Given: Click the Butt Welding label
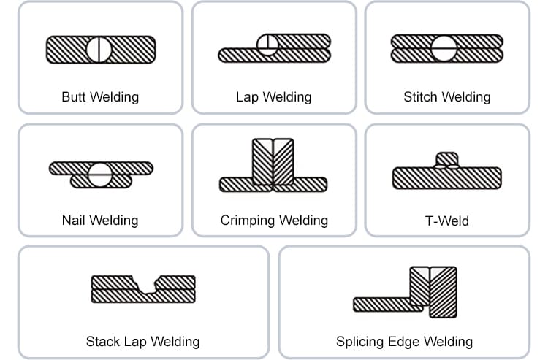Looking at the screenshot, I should (x=100, y=96).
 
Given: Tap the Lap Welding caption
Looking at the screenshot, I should (x=273, y=96).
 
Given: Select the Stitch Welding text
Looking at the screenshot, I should (x=446, y=96).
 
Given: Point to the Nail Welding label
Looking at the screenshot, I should (x=100, y=219).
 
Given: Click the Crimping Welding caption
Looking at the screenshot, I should (x=274, y=220).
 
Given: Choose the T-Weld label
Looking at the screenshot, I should (x=446, y=220).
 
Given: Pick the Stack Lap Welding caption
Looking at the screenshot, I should (x=142, y=341).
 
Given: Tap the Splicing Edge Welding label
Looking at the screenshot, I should (x=404, y=341).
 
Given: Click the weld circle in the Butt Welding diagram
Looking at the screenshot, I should (x=99, y=48).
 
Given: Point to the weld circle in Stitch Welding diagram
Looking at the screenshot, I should (x=444, y=48).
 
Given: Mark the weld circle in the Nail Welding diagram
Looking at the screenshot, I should (x=99, y=174).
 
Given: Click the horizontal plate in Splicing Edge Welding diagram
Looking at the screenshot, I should (x=381, y=304).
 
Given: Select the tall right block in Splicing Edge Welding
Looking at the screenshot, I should (x=443, y=291).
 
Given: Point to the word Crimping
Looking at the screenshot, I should (x=248, y=220).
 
